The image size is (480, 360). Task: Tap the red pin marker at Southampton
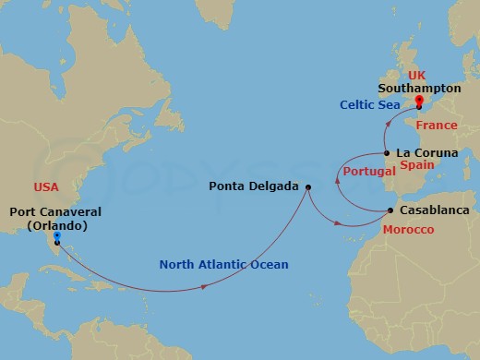point(418,101)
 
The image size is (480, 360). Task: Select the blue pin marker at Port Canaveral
point(57,237)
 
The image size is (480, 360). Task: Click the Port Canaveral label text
point(54,211)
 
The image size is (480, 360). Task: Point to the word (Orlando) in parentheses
point(54,225)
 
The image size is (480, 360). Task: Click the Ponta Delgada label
point(254,186)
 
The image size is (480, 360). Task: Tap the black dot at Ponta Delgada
point(308,187)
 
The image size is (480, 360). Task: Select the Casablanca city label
point(437,210)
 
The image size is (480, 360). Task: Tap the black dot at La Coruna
point(387,153)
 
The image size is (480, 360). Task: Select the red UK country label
point(417,73)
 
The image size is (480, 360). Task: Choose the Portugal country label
point(362,173)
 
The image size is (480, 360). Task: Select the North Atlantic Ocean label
point(223,265)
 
